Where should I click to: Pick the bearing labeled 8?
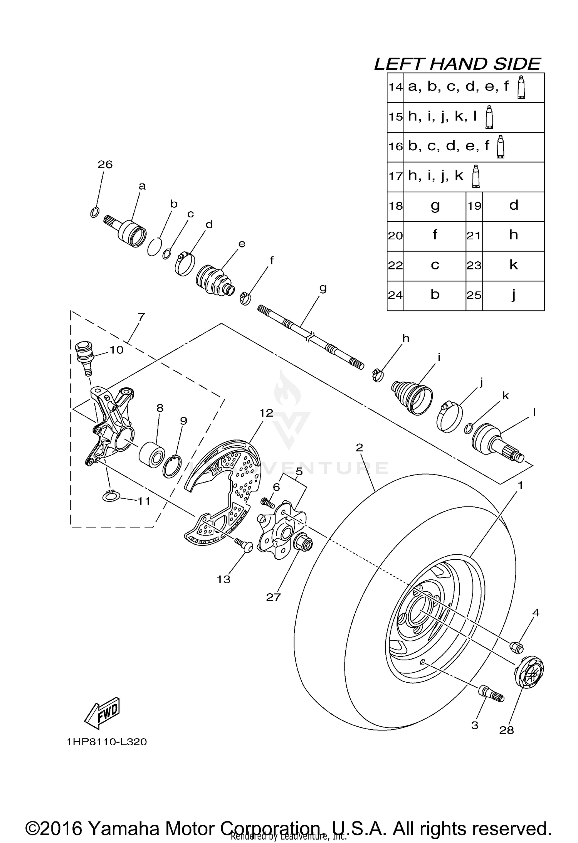coord(152,454)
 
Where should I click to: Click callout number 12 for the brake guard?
coord(266,413)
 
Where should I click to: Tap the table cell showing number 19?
coord(474,206)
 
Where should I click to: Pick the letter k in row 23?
coord(513,265)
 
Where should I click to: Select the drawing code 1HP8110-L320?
coord(107,742)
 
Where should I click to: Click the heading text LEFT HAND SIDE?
coord(457,64)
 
